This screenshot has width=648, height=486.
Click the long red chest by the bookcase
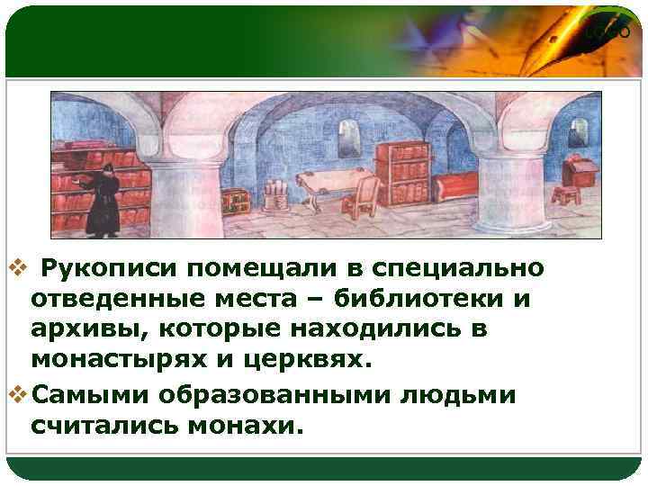(455, 187)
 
